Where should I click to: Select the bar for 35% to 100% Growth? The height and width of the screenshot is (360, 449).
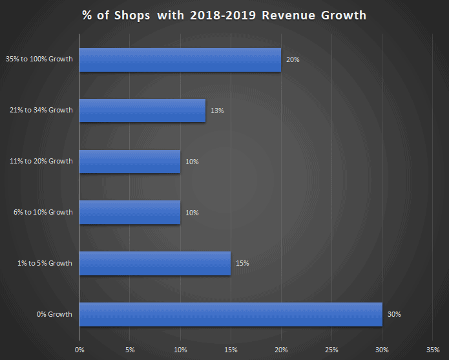click(x=180, y=59)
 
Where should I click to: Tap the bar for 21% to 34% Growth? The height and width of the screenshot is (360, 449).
click(x=142, y=111)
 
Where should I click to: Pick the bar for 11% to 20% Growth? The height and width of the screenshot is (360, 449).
click(x=129, y=161)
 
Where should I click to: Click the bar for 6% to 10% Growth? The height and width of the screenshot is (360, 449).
click(x=129, y=212)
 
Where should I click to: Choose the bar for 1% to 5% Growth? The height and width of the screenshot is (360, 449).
click(x=154, y=263)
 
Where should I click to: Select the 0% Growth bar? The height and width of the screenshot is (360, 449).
click(x=230, y=314)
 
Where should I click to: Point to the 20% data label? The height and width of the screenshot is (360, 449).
click(x=293, y=59)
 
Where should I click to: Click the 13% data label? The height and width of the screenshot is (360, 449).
click(x=217, y=111)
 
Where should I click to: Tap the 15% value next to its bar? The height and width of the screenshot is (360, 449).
click(x=242, y=263)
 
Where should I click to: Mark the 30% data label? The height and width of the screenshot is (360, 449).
click(x=394, y=314)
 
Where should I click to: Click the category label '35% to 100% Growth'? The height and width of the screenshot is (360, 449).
click(x=40, y=59)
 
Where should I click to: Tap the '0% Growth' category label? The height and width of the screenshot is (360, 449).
click(x=55, y=314)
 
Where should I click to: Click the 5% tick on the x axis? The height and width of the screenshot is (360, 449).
click(x=130, y=350)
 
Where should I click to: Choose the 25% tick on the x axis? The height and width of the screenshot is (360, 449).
click(x=331, y=350)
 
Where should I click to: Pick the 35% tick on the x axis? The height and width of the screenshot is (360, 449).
click(x=433, y=350)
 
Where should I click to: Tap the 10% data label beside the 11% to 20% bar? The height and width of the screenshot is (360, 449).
click(x=192, y=161)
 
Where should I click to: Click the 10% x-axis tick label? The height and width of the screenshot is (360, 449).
click(x=180, y=350)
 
